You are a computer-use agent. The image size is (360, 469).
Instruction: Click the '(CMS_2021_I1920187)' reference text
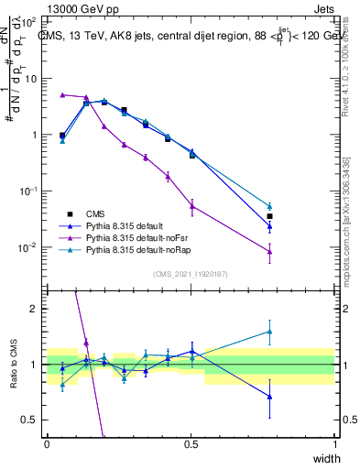coord(191,273)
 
